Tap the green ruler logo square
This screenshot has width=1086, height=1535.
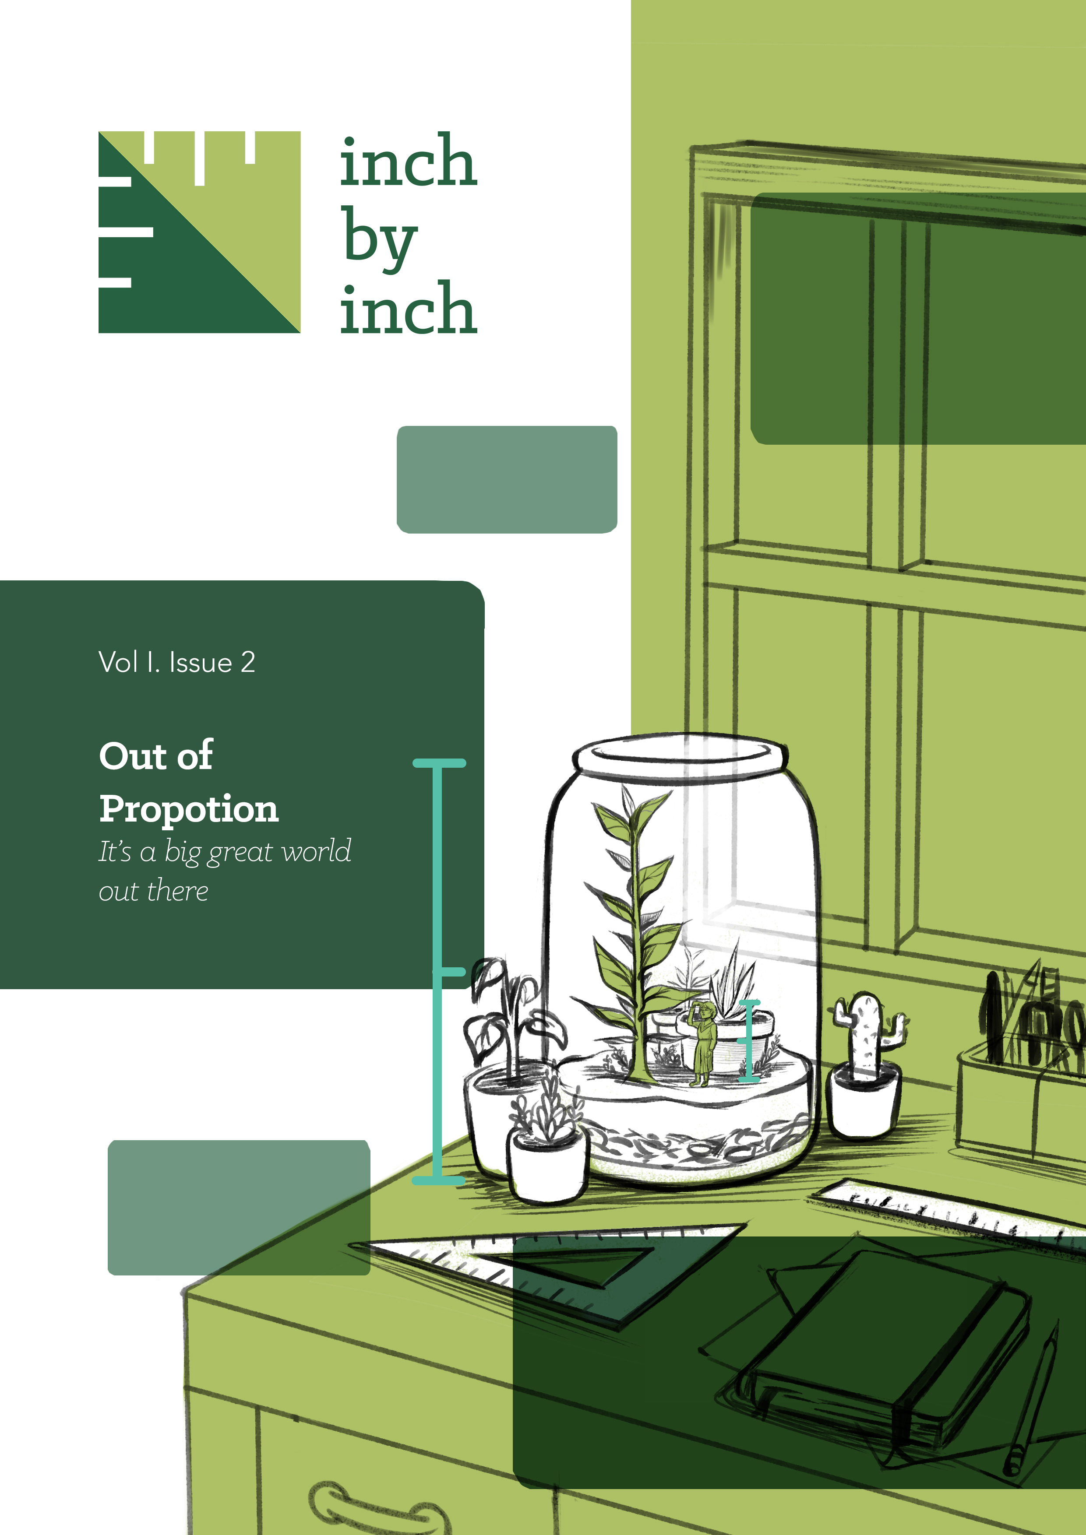(199, 232)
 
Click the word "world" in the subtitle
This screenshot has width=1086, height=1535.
(316, 851)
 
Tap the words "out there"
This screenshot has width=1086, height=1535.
(153, 891)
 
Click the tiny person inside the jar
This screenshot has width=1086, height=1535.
(702, 1043)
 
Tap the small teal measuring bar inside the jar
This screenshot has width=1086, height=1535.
(749, 1040)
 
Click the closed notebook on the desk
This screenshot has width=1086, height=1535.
(889, 1344)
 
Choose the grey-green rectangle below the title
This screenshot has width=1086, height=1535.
(507, 479)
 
